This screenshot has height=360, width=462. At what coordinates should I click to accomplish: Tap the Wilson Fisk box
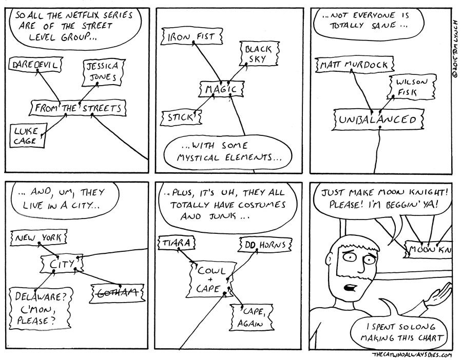tap(406, 87)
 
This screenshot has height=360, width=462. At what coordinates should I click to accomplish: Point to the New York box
tap(38, 238)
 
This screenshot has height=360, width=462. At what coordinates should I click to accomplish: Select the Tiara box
tap(177, 242)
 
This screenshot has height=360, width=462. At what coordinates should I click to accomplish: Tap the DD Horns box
tap(265, 244)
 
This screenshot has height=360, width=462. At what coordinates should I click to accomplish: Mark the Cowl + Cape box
tap(211, 279)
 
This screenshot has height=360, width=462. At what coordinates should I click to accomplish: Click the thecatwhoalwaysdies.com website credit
tap(411, 354)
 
